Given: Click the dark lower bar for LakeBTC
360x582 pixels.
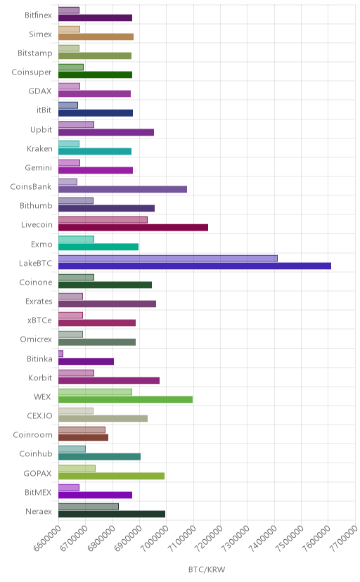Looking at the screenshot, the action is click(x=195, y=266).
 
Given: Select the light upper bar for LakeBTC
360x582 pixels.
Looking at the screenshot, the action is click(x=168, y=259).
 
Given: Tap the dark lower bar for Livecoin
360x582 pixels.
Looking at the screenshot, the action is click(x=133, y=228).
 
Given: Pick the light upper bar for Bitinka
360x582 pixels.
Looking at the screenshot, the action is click(x=60, y=354).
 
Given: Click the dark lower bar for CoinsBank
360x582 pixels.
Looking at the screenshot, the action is click(x=122, y=189).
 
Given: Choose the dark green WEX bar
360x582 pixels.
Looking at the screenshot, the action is click(x=125, y=399).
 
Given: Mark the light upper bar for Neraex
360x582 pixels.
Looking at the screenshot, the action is click(x=89, y=507).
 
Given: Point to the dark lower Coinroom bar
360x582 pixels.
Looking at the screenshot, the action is click(x=83, y=438).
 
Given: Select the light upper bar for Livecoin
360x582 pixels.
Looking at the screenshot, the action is click(x=103, y=220).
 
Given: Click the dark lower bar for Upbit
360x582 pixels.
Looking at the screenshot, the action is click(x=106, y=132).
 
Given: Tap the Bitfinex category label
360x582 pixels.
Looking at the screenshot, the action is click(x=38, y=15).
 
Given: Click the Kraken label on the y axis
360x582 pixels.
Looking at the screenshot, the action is click(x=39, y=149).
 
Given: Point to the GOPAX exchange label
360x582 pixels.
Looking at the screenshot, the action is click(x=37, y=474).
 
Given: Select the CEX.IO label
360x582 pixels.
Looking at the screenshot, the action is click(x=39, y=416).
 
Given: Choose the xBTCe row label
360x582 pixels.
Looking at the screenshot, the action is click(x=39, y=321).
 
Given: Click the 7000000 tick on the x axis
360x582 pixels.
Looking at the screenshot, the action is click(x=153, y=538).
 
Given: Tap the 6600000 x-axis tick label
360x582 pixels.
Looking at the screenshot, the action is click(x=46, y=538).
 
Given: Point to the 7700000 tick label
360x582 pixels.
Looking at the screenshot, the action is click(x=342, y=538).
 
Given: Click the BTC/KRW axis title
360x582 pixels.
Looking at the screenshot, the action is click(x=207, y=570).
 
